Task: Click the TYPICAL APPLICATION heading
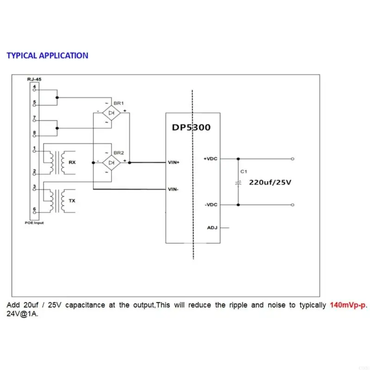click(x=47, y=55)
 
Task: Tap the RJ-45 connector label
click(x=35, y=80)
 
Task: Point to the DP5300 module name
click(x=191, y=127)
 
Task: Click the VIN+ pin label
click(x=174, y=163)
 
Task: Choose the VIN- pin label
click(x=174, y=189)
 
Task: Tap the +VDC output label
click(x=210, y=159)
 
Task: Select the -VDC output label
click(x=210, y=204)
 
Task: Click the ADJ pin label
click(x=211, y=228)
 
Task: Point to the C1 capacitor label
click(x=243, y=171)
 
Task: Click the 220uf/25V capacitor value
click(x=270, y=182)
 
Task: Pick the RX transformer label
click(x=72, y=162)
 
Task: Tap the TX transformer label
click(x=72, y=201)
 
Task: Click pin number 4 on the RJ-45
click(x=34, y=86)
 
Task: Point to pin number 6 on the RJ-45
click(x=34, y=209)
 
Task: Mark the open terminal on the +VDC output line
click(x=292, y=159)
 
